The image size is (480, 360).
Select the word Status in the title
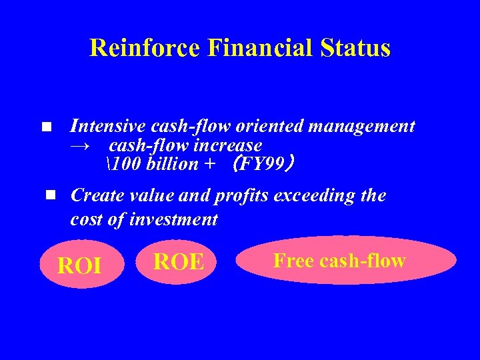355,48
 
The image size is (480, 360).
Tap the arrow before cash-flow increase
81,145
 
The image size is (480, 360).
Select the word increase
229,145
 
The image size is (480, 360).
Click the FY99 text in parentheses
261,164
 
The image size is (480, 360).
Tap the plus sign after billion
211,165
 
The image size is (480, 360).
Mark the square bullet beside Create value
50,195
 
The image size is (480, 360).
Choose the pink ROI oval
80,265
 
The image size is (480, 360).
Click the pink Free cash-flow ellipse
346,260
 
